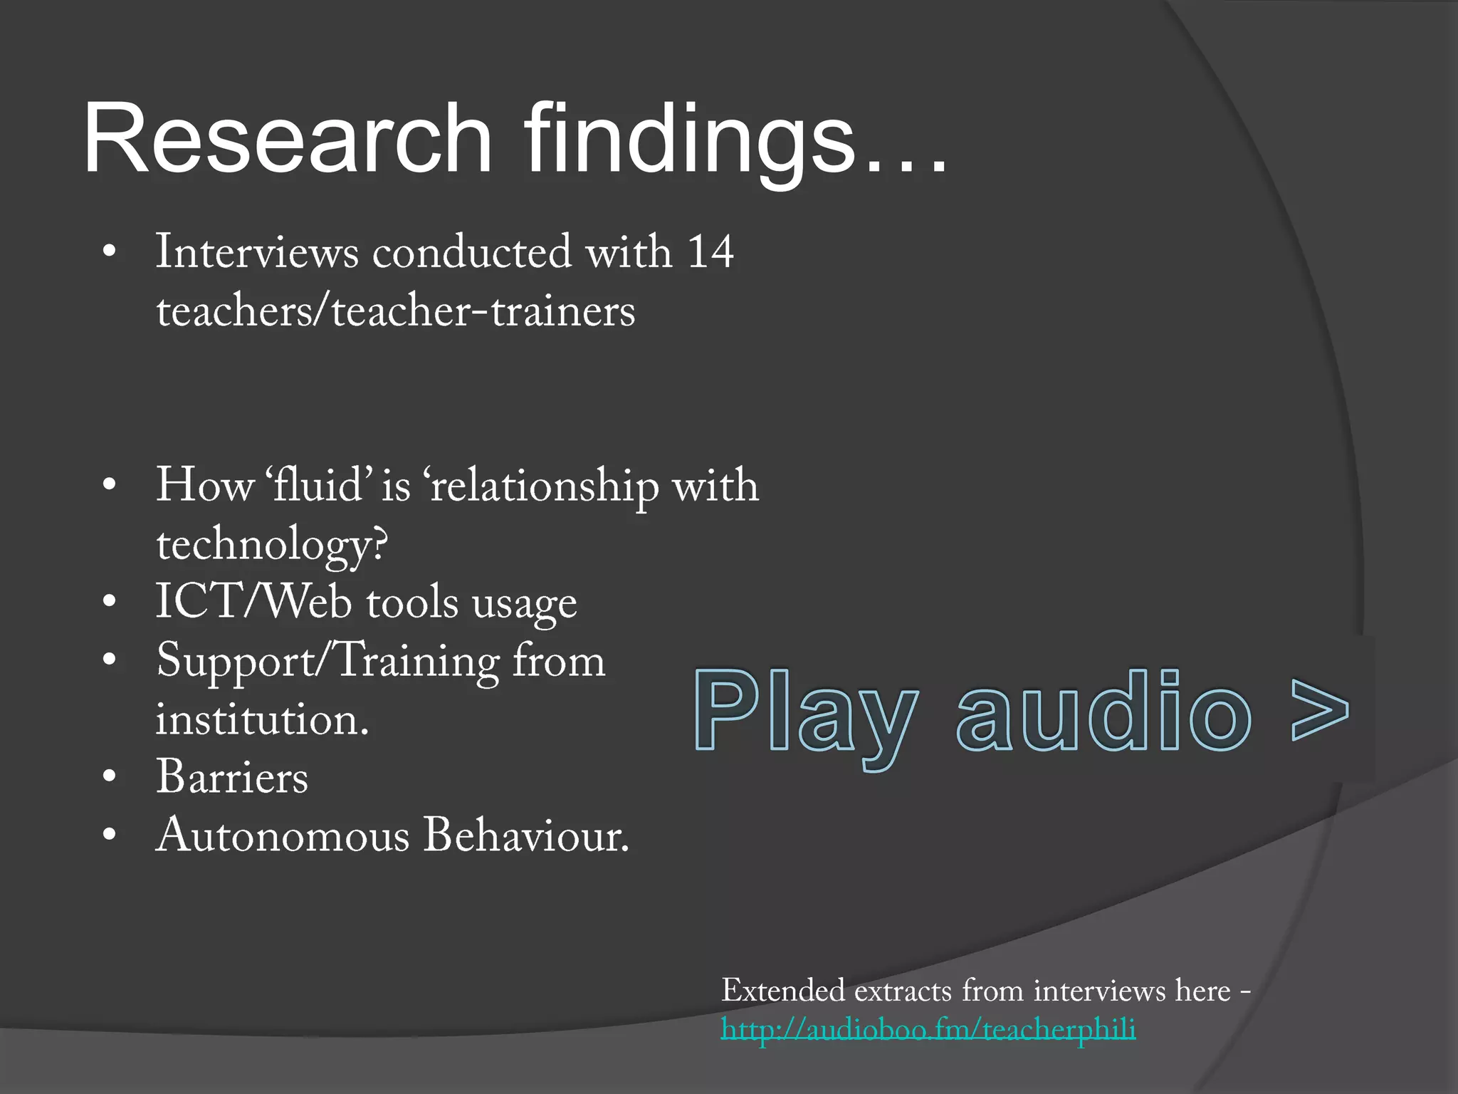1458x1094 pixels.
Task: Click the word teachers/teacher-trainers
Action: coord(396,311)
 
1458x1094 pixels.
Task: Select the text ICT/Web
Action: coord(253,601)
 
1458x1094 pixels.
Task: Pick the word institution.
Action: coord(262,719)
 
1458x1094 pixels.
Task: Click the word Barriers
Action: coord(232,776)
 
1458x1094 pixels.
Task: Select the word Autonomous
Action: coord(282,835)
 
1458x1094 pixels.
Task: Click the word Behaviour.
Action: coord(526,835)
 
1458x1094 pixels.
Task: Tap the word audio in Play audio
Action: coord(1103,712)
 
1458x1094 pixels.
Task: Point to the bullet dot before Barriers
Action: coord(108,776)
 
